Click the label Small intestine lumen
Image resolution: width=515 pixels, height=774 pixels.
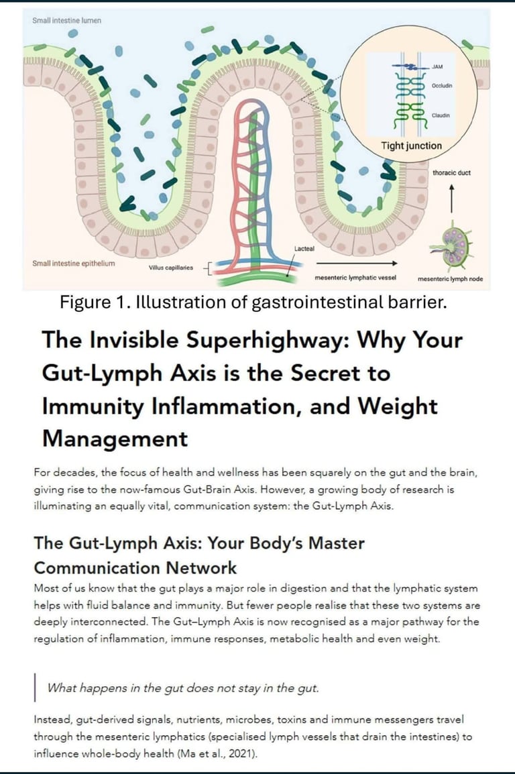[67, 21]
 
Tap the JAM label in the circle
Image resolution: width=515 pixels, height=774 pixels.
[439, 68]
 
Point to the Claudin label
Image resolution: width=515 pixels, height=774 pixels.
[441, 115]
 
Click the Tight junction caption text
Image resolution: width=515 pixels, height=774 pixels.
[411, 146]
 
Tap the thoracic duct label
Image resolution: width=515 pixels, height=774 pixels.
[451, 172]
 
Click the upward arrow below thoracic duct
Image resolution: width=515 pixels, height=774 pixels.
[451, 198]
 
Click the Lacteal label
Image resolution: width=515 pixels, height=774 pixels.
[304, 249]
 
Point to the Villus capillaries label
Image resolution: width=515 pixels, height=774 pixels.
[170, 267]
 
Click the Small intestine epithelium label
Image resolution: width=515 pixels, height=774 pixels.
[73, 263]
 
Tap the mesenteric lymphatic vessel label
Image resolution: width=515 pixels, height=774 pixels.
[355, 277]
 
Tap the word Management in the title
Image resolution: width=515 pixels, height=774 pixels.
[115, 439]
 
